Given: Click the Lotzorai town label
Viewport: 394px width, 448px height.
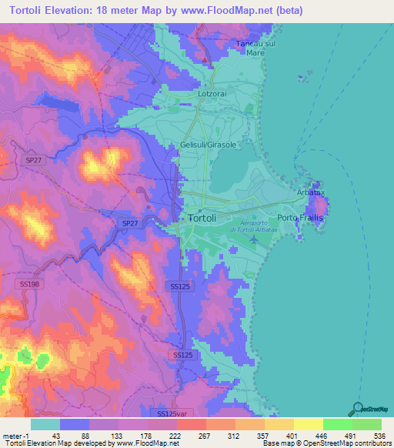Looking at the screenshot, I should click(x=213, y=94).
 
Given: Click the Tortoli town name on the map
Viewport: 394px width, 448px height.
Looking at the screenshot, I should click(x=206, y=218).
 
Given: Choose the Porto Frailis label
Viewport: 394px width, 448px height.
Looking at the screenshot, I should click(x=301, y=219).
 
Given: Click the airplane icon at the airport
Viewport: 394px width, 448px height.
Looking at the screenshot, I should click(x=255, y=240).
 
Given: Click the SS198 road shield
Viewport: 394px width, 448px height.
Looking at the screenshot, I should click(x=29, y=284).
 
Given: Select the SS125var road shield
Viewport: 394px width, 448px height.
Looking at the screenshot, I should click(x=172, y=413).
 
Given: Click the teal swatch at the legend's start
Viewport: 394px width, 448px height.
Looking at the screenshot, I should click(x=45, y=423).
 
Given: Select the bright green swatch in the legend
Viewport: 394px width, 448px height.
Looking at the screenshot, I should click(x=338, y=423).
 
